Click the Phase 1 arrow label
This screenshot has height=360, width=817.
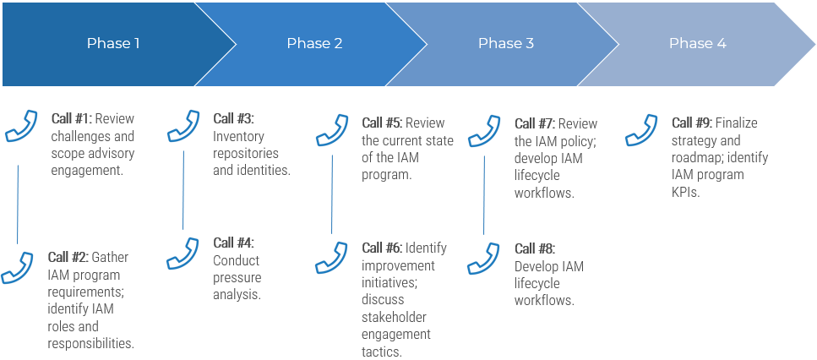coord(113,44)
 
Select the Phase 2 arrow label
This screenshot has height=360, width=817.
coord(314,44)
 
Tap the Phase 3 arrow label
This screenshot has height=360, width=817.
coord(505,44)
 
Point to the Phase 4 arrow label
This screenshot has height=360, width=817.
coord(697,44)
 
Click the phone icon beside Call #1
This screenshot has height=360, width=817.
coord(21,127)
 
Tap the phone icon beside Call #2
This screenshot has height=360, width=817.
coord(18,266)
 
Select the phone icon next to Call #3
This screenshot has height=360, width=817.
coord(183,126)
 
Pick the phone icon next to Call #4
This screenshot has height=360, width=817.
coord(183,253)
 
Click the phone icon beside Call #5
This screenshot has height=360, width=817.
coord(332,130)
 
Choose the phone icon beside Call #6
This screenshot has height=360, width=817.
coord(332,257)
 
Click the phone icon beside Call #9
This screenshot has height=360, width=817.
coord(642,130)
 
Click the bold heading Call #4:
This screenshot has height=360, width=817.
coord(233,243)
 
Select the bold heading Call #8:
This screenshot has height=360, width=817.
coord(535,248)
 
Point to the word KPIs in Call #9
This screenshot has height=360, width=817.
coord(686,192)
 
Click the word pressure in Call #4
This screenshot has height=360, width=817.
coord(237,278)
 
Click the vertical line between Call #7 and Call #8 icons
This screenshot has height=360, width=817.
coord(484,194)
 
